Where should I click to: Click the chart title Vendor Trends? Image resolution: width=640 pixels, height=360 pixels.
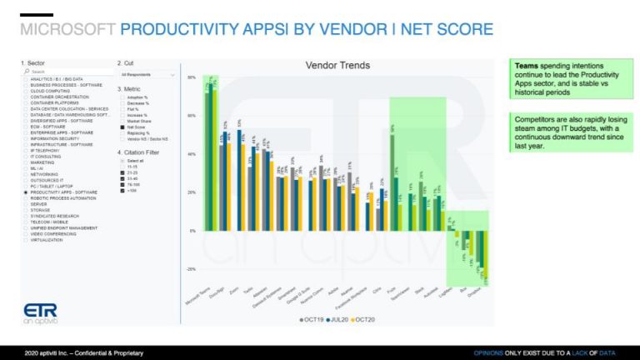click(x=337, y=66)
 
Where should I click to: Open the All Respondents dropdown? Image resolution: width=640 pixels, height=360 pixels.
click(x=147, y=74)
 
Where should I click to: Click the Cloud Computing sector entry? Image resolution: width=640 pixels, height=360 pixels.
click(x=52, y=91)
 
